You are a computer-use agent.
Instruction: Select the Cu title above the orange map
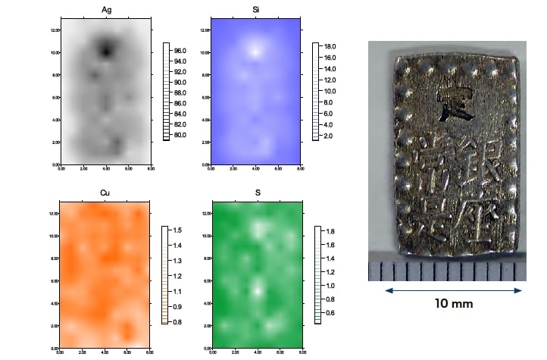coord(105,193)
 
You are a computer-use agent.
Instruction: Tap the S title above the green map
coord(257,193)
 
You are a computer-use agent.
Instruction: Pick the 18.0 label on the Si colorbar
coord(330,46)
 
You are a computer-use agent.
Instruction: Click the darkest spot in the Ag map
coord(106,50)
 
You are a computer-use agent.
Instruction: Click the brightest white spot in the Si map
coord(256,52)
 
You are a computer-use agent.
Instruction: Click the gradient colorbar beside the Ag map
coord(166,92)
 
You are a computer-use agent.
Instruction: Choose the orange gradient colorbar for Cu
coord(164,274)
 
